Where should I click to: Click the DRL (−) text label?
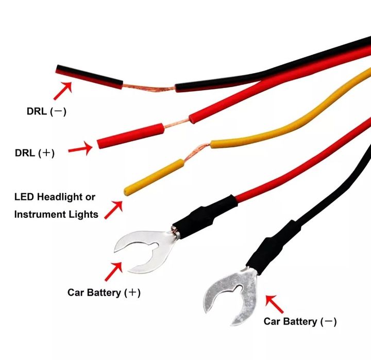tap(46, 111)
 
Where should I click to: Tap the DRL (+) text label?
tap(35, 153)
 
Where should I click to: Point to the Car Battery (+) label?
tap(104, 293)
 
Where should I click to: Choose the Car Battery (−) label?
tap(300, 321)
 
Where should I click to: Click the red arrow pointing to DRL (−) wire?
tap(63, 91)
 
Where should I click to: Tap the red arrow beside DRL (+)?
tap(80, 148)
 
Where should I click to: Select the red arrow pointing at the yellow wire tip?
tap(113, 210)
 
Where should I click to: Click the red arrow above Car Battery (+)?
tap(113, 271)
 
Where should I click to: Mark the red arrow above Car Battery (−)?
tap(274, 304)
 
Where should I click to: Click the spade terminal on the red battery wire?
tap(147, 251)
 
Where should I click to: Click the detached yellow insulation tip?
tap(154, 177)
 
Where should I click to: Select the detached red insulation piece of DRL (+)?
tap(130, 136)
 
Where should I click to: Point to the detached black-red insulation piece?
tap(89, 77)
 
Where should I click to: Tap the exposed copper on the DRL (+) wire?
tap(177, 124)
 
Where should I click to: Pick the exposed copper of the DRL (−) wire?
tap(149, 88)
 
